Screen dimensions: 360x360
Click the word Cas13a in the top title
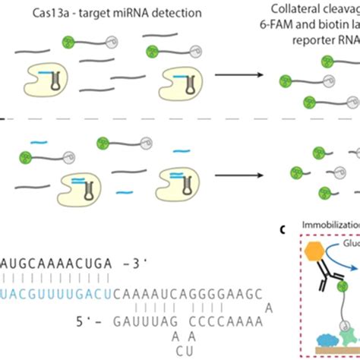coord(46,12)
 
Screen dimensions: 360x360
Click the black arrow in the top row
coord(235,75)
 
